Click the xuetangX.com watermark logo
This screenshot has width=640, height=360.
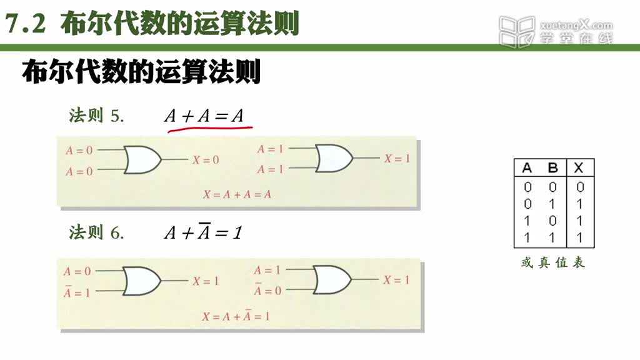coord(556,31)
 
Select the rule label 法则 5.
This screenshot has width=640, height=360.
coord(96,116)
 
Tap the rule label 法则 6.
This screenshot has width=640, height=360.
coord(96,232)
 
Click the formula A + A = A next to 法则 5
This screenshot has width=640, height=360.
coord(204,116)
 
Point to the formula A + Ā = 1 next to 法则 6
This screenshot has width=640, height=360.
coord(203,232)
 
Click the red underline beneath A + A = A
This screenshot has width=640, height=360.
coord(210,129)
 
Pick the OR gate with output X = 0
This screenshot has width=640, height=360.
coord(142,160)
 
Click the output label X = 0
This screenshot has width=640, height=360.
coord(206,160)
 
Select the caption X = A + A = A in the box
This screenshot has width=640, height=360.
coord(237,194)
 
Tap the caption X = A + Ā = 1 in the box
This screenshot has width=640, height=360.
coord(236,316)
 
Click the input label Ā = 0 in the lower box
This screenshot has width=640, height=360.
coord(267,290)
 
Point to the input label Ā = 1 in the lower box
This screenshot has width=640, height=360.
coord(77,292)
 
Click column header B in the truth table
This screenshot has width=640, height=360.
coord(552,167)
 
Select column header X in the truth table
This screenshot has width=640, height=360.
coord(579,167)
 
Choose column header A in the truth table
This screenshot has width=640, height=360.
coord(527,167)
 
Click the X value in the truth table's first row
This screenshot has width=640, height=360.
coord(580,187)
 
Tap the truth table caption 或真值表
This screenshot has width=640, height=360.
coord(553,262)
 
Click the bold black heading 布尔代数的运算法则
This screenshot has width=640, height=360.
coord(141,72)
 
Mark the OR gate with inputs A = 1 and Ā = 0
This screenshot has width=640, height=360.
coord(332,280)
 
